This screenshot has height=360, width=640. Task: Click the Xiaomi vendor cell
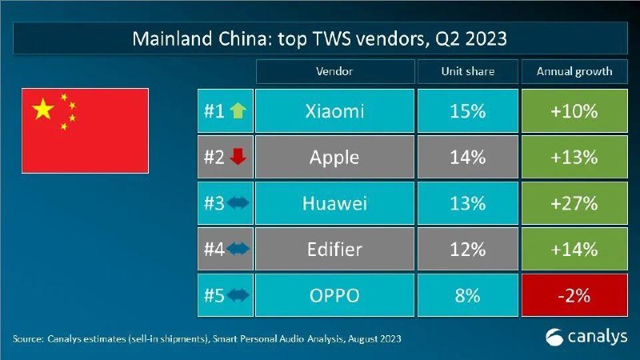click(x=334, y=111)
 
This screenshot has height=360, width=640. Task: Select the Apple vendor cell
click(x=334, y=157)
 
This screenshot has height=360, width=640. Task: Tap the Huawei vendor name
click(x=334, y=203)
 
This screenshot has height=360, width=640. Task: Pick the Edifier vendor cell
click(x=334, y=249)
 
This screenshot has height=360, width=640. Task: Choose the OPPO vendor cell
click(x=334, y=295)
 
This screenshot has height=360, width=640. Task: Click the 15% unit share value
click(x=468, y=111)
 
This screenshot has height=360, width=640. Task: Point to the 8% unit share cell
click(x=468, y=295)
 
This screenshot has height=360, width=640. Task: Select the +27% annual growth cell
click(x=574, y=203)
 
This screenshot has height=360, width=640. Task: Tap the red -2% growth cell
click(x=574, y=295)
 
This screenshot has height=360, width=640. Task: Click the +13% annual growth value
click(x=574, y=157)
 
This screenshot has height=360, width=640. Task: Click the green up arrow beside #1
click(x=238, y=110)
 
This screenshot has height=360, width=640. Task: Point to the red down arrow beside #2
click(x=238, y=157)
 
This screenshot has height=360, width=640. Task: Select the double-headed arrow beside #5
click(x=238, y=294)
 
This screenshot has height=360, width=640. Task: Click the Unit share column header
click(x=468, y=71)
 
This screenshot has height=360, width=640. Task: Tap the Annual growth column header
click(x=574, y=71)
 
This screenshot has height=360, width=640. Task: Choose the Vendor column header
click(x=334, y=71)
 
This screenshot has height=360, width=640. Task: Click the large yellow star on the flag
click(x=43, y=109)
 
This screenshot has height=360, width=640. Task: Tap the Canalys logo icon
click(x=554, y=338)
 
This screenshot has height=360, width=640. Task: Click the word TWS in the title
click(x=332, y=38)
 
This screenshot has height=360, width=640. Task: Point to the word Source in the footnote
click(x=28, y=338)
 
